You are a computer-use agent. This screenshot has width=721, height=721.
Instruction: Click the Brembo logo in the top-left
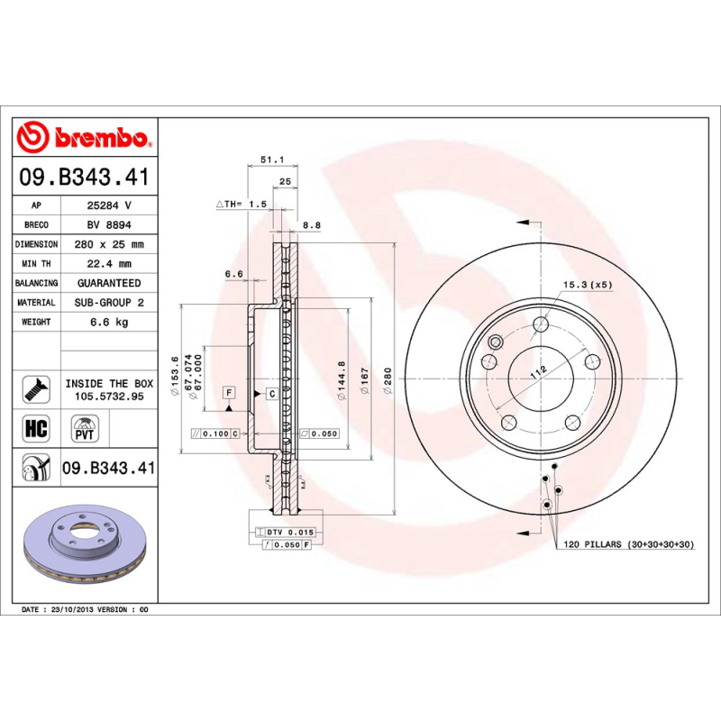83,138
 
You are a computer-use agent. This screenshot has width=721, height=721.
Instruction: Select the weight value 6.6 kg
109,322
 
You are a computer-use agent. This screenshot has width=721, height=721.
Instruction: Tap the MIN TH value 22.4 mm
109,264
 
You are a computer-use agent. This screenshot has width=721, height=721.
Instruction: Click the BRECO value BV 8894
109,225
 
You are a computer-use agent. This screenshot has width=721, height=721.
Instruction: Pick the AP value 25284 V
109,205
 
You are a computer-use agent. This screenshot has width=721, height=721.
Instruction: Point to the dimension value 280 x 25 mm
109,244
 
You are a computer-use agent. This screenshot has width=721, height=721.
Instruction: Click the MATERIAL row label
36,303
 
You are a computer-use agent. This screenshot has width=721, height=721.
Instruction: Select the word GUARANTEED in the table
109,283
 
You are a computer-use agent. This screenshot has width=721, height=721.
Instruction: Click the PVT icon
84,428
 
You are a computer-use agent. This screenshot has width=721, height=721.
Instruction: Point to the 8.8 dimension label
311,225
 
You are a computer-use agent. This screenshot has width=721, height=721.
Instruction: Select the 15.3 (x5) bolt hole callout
588,285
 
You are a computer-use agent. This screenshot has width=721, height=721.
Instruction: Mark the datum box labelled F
229,393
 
